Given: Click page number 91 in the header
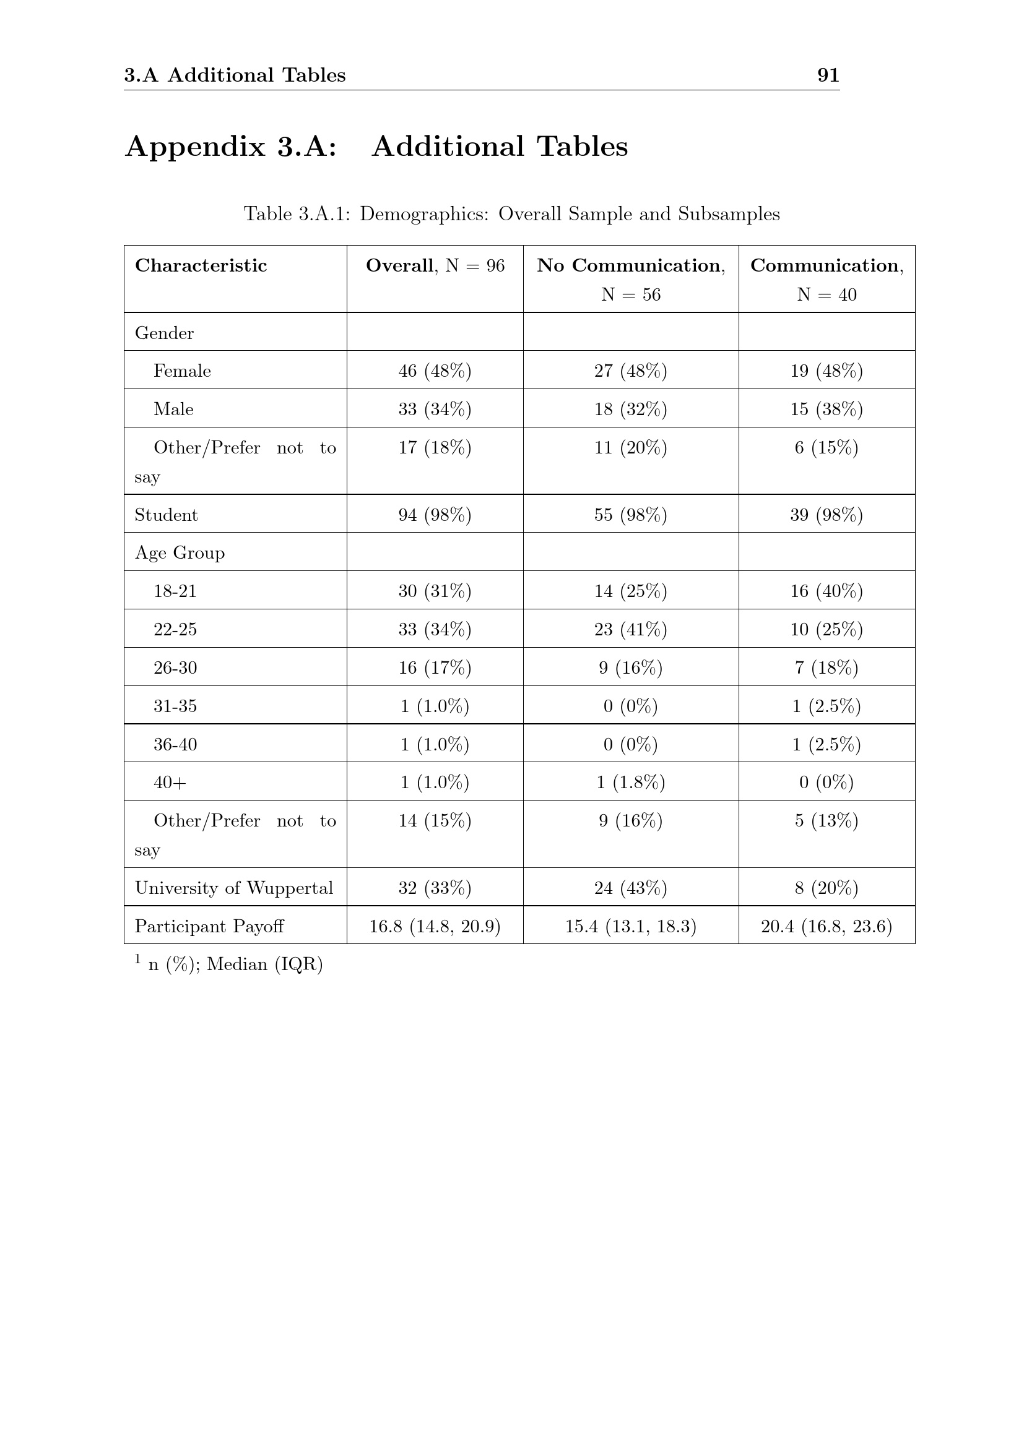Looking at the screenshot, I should (x=828, y=75).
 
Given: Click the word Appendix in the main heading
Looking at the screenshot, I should (x=196, y=147).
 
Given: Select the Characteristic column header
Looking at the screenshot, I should (x=201, y=265).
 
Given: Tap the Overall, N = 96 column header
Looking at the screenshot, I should (x=435, y=265).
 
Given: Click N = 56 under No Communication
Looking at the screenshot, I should (x=630, y=294).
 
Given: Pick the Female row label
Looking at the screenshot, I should (x=182, y=371).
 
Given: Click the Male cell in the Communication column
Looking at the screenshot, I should (x=826, y=409).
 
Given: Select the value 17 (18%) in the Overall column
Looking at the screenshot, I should (x=435, y=447).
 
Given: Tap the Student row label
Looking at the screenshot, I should (x=166, y=515).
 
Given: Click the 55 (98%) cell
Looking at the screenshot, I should (x=630, y=515).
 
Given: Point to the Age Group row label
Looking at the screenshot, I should (x=180, y=552).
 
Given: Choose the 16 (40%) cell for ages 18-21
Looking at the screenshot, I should (x=826, y=591).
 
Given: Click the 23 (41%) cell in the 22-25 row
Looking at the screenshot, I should (x=630, y=629).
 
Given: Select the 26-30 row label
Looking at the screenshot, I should (x=175, y=668).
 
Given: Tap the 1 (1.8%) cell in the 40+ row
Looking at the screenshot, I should (x=630, y=782).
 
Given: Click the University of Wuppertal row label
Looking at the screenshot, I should (x=233, y=888).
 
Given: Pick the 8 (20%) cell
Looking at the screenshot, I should (x=826, y=888).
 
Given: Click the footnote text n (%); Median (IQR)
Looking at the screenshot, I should (x=235, y=964).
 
